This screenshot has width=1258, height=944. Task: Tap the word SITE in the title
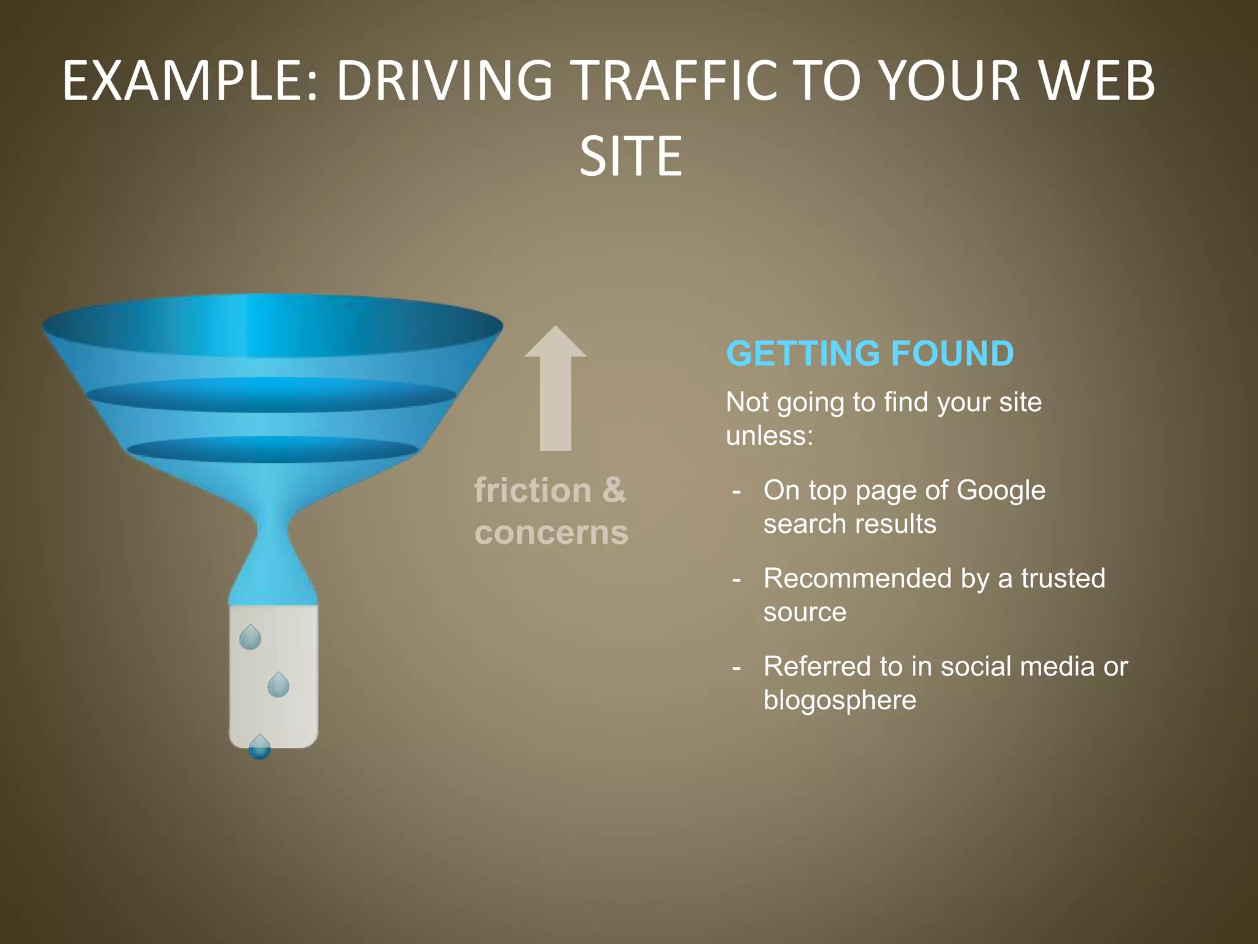point(630,157)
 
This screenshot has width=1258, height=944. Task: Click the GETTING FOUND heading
point(869,353)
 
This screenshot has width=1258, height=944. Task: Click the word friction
point(533,490)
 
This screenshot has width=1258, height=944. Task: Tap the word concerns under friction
point(551,532)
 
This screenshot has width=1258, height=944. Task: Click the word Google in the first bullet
point(1001,490)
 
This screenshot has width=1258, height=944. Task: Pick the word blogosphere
point(840,700)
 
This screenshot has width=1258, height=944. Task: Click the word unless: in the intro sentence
point(769,436)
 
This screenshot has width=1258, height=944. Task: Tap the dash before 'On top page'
point(736,492)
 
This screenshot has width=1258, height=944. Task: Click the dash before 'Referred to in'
point(736,667)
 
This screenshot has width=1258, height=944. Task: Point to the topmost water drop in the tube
point(250,638)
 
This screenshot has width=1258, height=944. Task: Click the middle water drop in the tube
point(278,685)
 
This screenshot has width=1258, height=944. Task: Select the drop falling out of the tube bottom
point(259,748)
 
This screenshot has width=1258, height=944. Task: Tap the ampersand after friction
point(614,490)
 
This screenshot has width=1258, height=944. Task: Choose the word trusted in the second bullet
point(1063,578)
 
